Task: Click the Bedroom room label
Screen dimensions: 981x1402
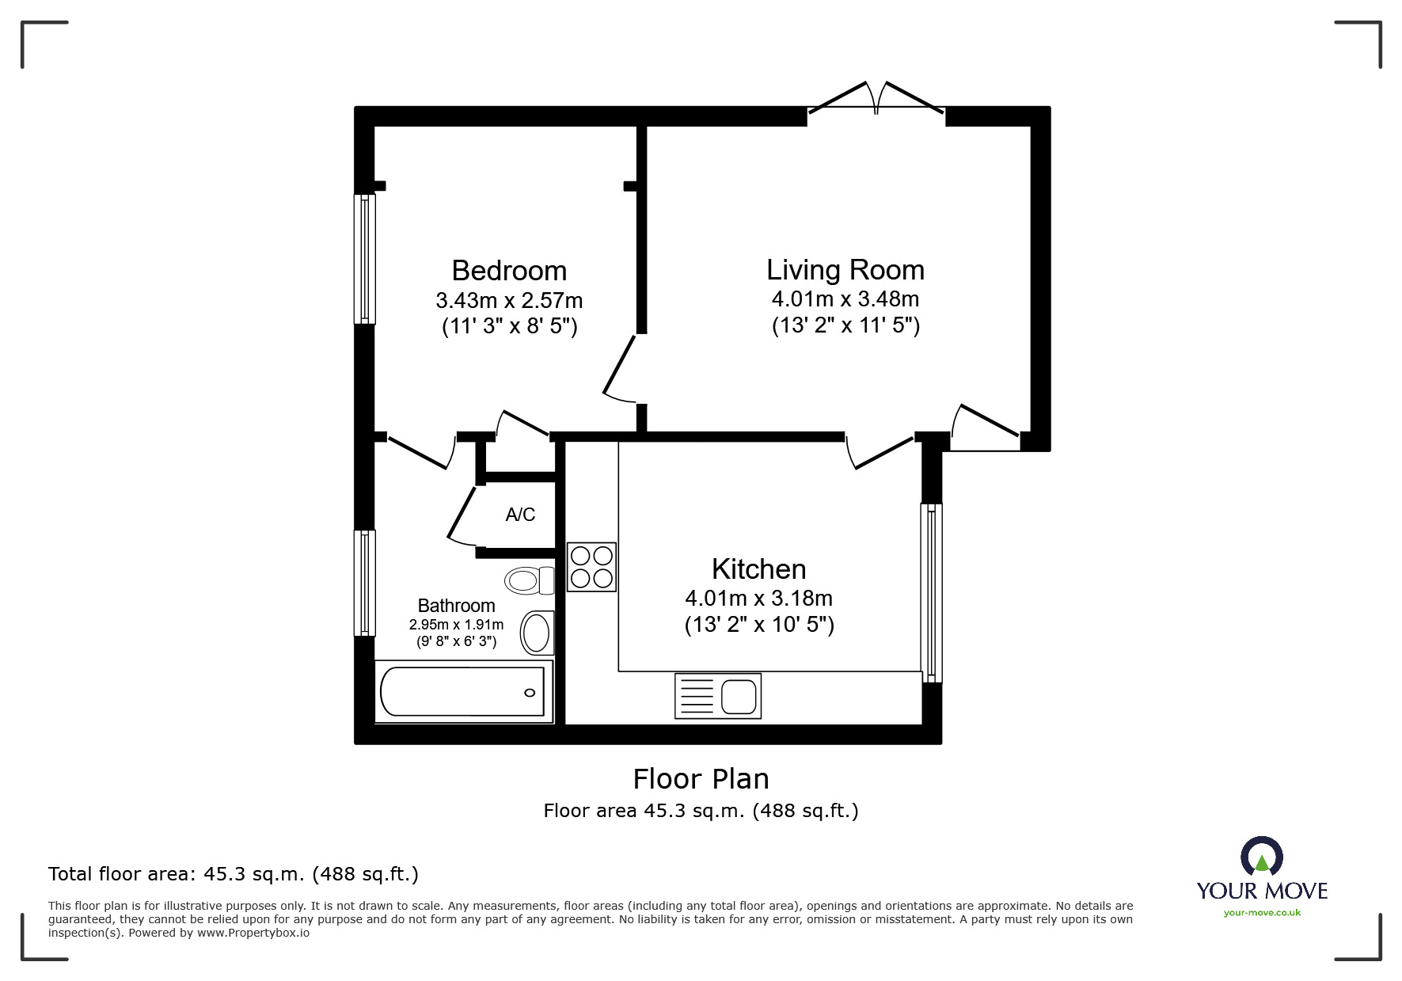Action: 509,271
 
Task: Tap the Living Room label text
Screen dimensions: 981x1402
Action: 845,270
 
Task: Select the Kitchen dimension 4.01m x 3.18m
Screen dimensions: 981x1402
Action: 758,599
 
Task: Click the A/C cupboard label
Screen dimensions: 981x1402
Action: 520,515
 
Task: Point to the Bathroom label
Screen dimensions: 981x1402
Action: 456,606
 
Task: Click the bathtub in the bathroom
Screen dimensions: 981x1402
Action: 462,691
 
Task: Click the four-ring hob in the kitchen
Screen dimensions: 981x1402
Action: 591,567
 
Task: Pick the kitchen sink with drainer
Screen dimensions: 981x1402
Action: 717,696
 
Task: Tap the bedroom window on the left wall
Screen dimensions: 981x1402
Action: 364,259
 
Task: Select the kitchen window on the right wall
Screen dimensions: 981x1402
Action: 932,592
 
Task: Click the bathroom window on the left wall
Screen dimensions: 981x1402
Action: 364,583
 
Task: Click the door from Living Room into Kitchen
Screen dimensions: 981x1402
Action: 879,451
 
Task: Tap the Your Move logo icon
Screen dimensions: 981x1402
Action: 1261,857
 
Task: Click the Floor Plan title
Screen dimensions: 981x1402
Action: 701,779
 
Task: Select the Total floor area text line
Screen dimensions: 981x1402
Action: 234,874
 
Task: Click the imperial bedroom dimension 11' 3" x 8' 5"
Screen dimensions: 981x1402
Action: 509,326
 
